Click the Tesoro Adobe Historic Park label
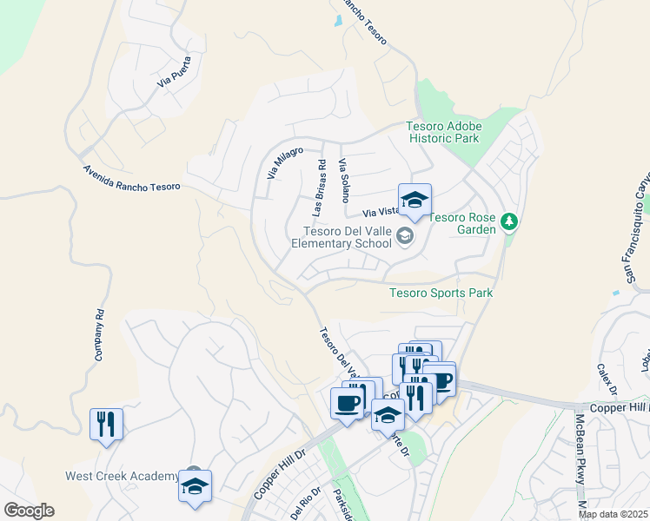pos(443,132)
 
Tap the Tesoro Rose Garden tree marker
pos(509,222)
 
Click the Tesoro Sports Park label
pos(441,293)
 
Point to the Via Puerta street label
pos(174,71)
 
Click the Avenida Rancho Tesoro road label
pos(131,179)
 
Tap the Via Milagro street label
pos(285,163)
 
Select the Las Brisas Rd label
pos(318,188)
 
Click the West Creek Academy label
pos(122,476)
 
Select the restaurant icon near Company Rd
pos(106,424)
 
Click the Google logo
pos(29,511)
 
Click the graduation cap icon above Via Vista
pos(415,200)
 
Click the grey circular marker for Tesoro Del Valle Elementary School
pos(404,234)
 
